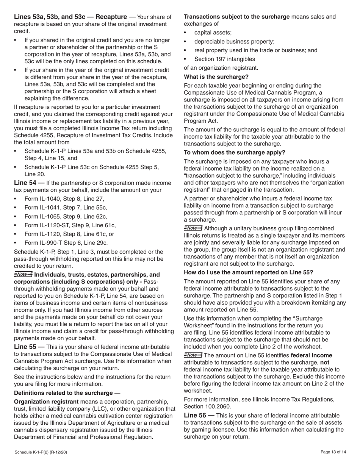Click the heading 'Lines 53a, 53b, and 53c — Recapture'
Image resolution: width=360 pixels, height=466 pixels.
pyautogui.click(x=70, y=17)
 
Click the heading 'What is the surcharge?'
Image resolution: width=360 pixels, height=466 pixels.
pyautogui.click(x=216, y=77)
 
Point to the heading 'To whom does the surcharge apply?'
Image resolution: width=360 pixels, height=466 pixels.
pyautogui.click(x=235, y=153)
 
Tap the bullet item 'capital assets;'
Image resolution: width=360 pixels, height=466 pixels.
pyautogui.click(x=213, y=33)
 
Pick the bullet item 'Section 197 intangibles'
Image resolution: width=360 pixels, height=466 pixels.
pyautogui.click(x=225, y=59)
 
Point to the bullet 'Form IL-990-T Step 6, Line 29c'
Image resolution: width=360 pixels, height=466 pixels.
pyautogui.click(x=66, y=243)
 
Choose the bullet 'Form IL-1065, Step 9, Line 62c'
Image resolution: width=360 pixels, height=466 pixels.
pyautogui.click(x=66, y=216)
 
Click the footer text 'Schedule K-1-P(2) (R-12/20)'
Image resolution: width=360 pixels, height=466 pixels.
pyautogui.click(x=41, y=452)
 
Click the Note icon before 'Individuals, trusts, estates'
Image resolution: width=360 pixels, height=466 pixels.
pyautogui.click(x=23, y=274)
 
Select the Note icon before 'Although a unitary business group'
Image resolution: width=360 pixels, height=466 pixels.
pyautogui.click(x=193, y=228)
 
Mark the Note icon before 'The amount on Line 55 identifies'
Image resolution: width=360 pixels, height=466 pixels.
pyautogui.click(x=193, y=355)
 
